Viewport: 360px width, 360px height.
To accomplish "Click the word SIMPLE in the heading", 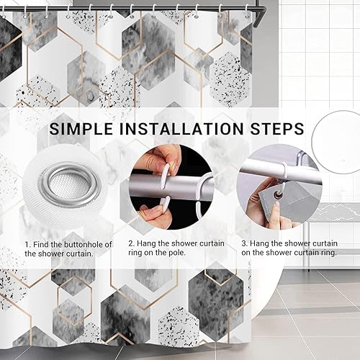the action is click(x=81, y=129).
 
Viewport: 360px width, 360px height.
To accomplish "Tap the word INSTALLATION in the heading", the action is click(x=181, y=129).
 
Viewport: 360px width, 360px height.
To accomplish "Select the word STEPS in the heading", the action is click(x=277, y=129).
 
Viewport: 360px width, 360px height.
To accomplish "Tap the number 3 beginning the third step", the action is click(x=244, y=243).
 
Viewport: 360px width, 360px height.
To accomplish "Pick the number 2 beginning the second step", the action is click(x=131, y=243).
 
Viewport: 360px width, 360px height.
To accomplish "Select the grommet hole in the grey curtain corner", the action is click(x=279, y=196).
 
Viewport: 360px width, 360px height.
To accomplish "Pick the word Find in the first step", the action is click(x=41, y=245).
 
